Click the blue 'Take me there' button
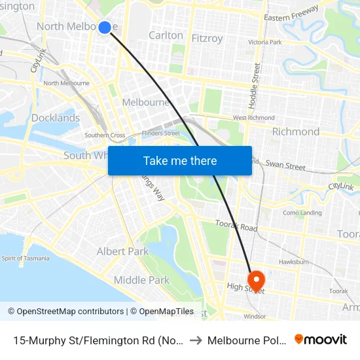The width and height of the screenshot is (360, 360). [x=180, y=160]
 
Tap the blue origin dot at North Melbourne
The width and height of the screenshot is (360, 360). [x=105, y=27]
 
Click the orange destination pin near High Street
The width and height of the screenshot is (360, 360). [x=255, y=280]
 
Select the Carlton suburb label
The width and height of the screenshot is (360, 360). [x=166, y=35]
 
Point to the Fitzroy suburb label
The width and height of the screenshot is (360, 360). [x=207, y=39]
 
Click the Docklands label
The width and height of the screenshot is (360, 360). [x=56, y=118]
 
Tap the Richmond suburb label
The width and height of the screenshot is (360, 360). [x=296, y=132]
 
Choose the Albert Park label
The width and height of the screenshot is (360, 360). [x=122, y=251]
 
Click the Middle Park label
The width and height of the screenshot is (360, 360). [x=141, y=280]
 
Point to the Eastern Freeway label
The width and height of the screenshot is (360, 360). [x=291, y=14]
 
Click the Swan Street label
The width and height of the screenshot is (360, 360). [x=285, y=166]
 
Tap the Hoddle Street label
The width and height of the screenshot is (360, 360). [x=256, y=85]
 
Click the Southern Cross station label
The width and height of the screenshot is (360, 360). [x=105, y=135]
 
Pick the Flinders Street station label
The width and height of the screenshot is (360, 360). [x=162, y=133]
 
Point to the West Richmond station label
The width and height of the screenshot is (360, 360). [x=253, y=118]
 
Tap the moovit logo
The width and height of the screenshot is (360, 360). [x=320, y=340]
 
